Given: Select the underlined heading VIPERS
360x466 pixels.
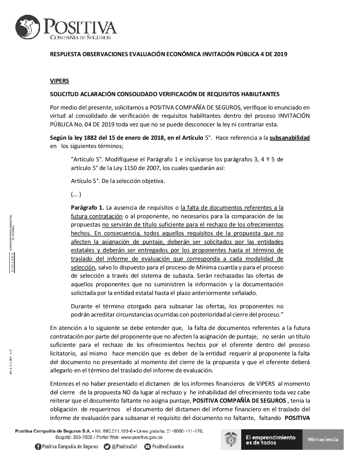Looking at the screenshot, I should point(59,81).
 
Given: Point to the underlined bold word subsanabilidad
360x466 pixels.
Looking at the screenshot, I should point(289,138).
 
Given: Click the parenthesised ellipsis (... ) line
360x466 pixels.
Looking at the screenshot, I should point(76,194).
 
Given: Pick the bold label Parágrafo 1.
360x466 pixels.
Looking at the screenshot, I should point(87,207).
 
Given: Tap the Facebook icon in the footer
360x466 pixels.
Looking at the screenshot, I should point(38,447).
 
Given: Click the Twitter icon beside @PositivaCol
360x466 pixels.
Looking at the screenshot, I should point(107,447).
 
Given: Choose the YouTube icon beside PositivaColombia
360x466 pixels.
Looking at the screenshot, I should point(147,447).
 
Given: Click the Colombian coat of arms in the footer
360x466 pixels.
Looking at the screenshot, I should point(231,439).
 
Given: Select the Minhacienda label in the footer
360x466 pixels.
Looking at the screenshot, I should point(323,439).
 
